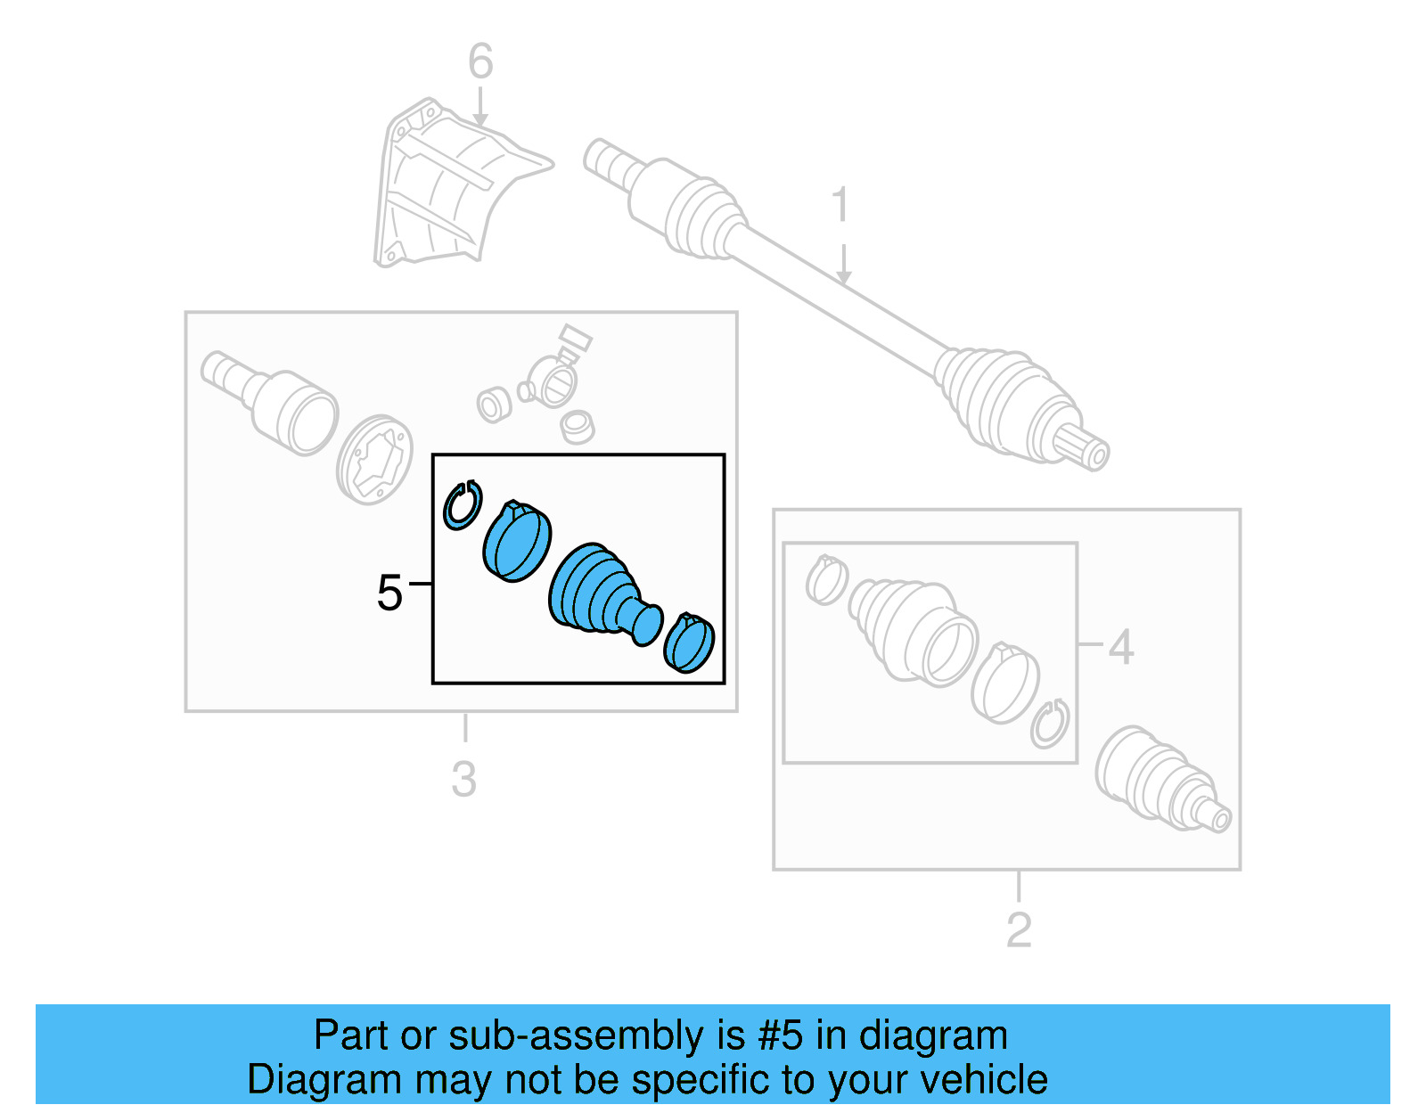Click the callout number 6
(x=480, y=62)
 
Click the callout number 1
(x=840, y=206)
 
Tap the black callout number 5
(x=389, y=593)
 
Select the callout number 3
(x=463, y=780)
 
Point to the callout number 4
(x=1120, y=647)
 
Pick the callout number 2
(x=1019, y=930)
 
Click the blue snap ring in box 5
(x=462, y=504)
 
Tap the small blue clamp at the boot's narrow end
(x=690, y=642)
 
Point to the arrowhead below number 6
(x=480, y=120)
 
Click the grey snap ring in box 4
(x=1050, y=723)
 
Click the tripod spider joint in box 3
(x=553, y=379)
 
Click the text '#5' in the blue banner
(x=781, y=1035)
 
